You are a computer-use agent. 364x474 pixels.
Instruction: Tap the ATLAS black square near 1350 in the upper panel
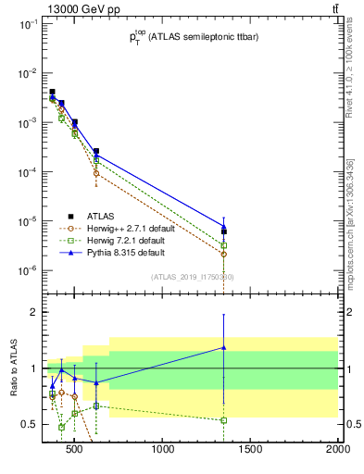224,231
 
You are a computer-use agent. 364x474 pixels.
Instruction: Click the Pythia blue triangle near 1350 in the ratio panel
224,347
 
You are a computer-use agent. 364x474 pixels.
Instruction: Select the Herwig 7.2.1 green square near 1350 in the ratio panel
224,420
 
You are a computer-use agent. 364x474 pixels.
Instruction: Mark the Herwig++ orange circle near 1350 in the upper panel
224,254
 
